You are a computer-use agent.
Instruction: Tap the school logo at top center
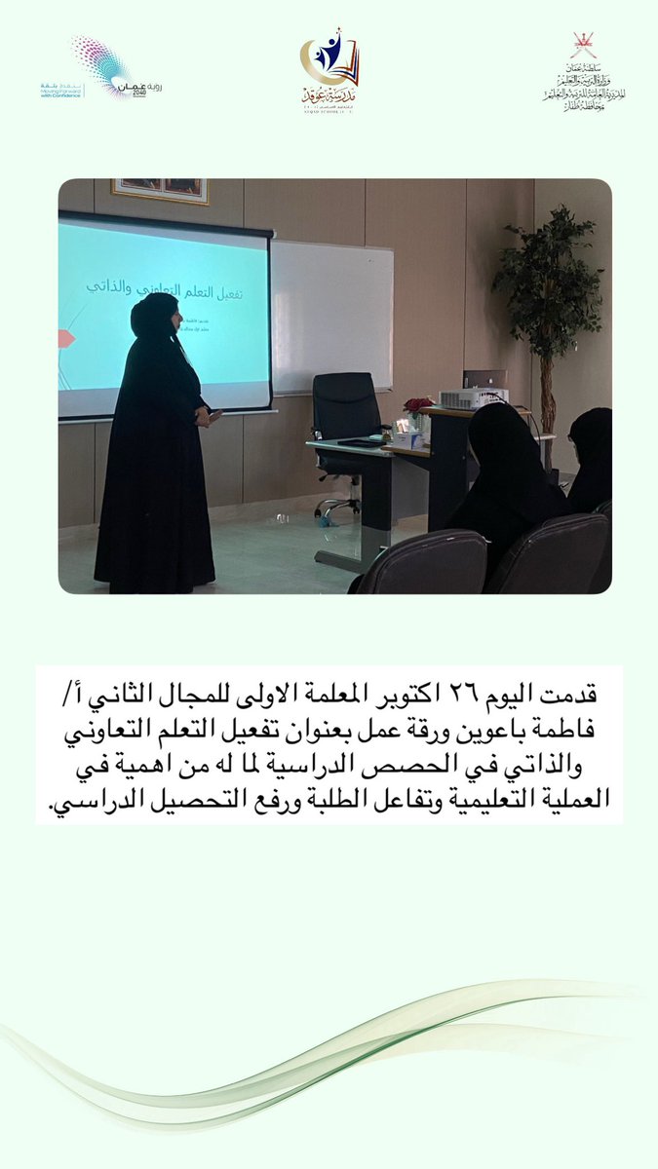(329, 71)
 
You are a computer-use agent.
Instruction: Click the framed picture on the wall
(159, 189)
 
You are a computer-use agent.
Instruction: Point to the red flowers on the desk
(417, 404)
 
